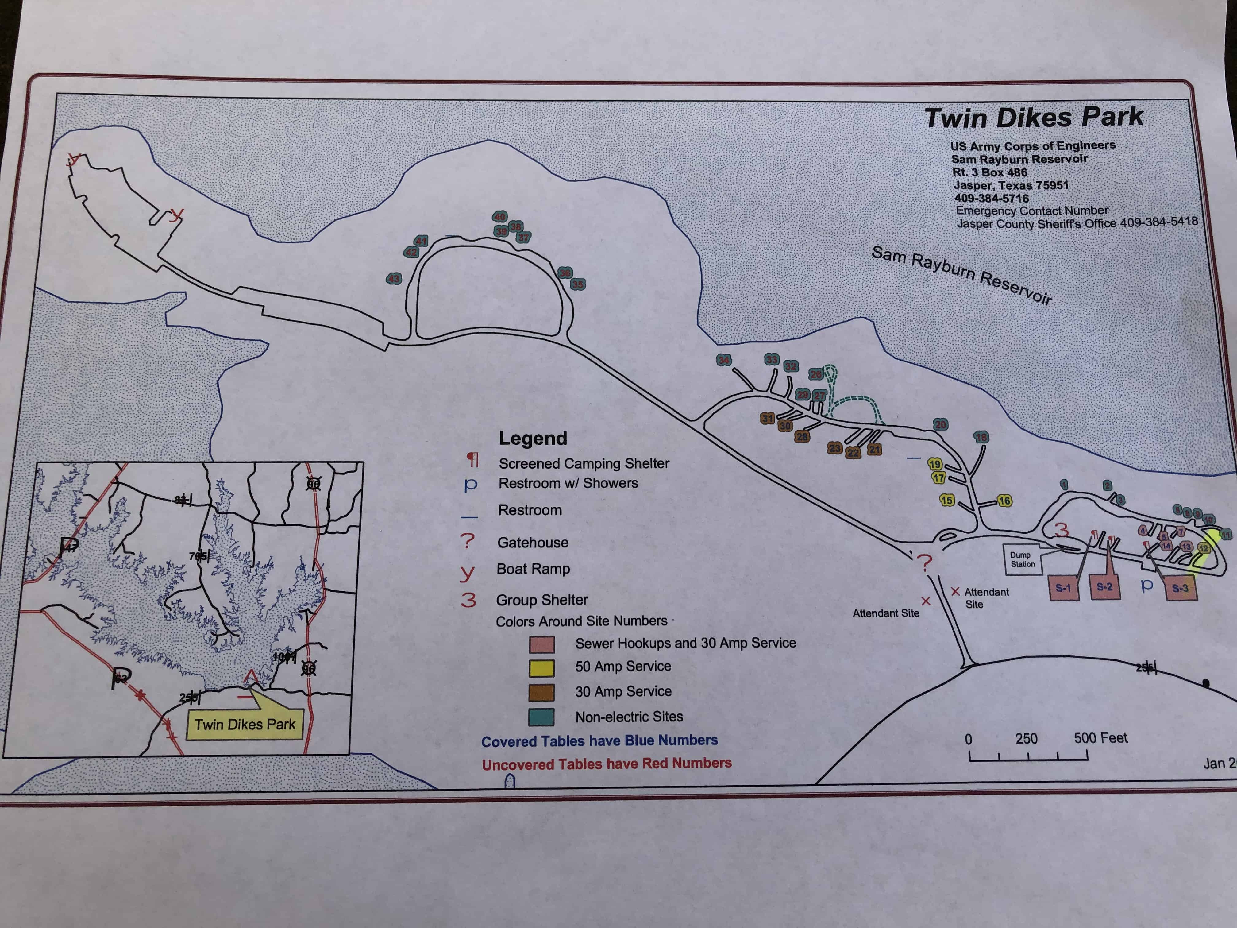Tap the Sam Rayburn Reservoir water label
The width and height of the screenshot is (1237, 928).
point(962,275)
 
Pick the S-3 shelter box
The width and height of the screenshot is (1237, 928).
point(1181,588)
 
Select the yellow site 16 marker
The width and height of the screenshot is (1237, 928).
point(1004,501)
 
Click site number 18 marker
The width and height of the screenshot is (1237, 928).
point(981,437)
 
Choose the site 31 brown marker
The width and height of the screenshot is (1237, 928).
point(767,418)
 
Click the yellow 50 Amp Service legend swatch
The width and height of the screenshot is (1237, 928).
point(541,668)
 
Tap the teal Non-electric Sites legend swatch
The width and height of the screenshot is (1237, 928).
point(541,717)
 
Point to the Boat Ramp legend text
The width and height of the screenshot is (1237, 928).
point(533,569)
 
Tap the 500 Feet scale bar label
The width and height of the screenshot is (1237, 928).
point(1100,738)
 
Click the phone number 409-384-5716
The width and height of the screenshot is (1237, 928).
point(992,198)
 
